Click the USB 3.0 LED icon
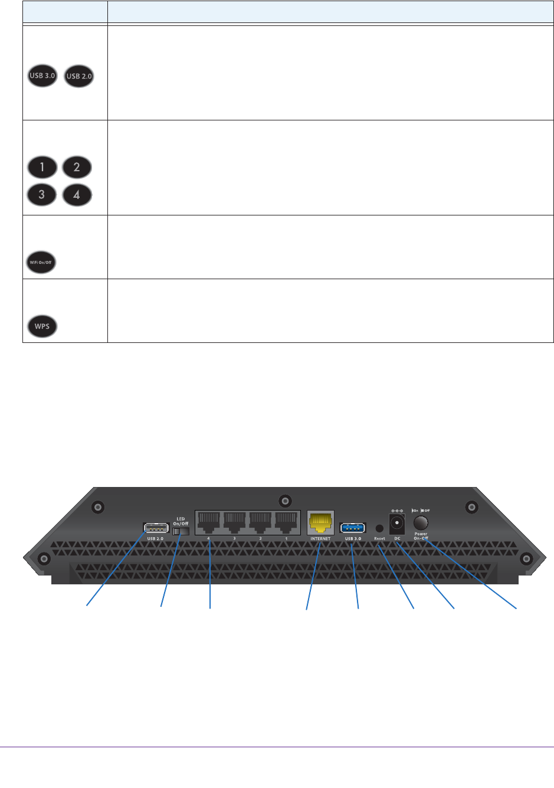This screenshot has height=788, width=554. tap(42, 76)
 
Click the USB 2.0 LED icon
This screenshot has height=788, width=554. tap(79, 76)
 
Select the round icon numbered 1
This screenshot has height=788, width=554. tap(42, 167)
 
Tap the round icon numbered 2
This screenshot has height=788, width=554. tap(77, 167)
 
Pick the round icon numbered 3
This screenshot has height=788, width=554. tap(42, 195)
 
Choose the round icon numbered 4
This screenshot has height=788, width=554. tap(77, 195)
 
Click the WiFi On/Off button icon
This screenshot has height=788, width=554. tap(41, 262)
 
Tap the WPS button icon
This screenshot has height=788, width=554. tap(42, 326)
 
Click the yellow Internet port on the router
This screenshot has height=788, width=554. tap(320, 523)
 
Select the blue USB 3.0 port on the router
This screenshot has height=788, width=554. tap(353, 527)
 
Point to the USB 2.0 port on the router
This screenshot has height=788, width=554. tap(156, 528)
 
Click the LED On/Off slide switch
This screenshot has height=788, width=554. tap(181, 531)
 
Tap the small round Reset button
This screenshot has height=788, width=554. tap(379, 528)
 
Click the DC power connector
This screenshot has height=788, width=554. tap(397, 523)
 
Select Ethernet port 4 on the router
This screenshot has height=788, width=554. tap(209, 522)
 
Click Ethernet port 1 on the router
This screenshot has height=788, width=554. tap(286, 522)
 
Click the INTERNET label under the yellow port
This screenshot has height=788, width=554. tap(320, 539)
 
